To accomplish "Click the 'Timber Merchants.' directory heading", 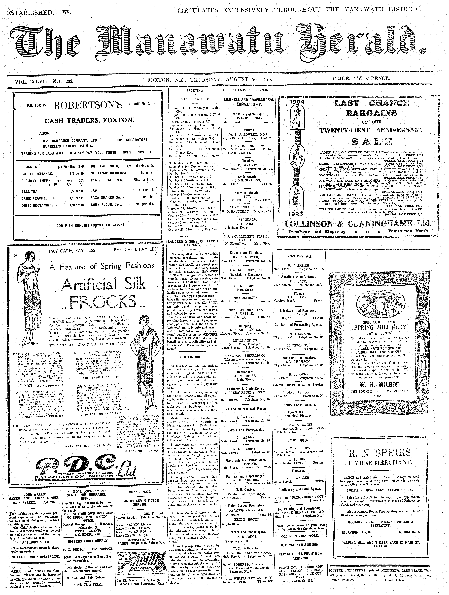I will click(299, 256).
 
